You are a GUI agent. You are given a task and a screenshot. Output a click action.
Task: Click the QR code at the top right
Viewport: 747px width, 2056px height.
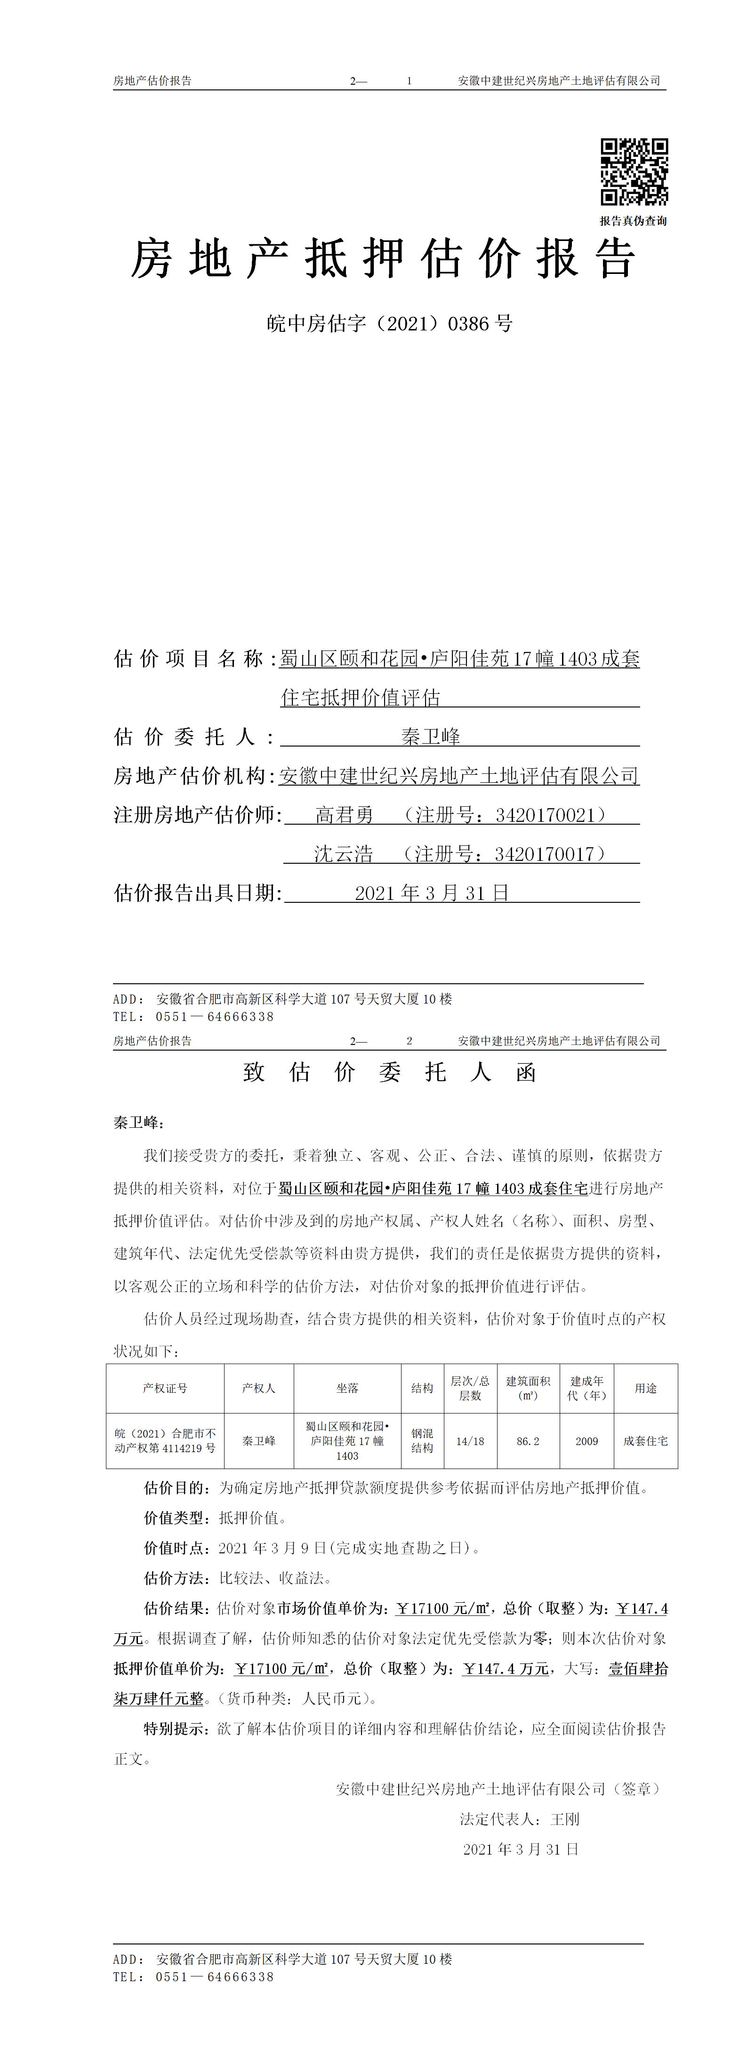click(634, 172)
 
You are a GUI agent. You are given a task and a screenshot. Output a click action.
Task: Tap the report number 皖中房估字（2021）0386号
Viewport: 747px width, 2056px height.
click(389, 323)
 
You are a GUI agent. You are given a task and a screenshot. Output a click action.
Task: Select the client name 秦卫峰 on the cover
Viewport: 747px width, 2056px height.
click(431, 737)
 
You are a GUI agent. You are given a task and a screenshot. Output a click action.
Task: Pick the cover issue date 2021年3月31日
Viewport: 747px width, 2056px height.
click(432, 893)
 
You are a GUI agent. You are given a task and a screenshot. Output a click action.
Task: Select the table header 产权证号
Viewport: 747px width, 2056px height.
click(165, 1388)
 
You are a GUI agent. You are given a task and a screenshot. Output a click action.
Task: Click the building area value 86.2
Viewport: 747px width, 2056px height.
click(528, 1441)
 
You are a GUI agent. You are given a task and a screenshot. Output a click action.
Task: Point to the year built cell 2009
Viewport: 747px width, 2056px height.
click(586, 1441)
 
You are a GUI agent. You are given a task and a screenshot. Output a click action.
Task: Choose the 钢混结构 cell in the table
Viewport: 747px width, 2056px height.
click(422, 1441)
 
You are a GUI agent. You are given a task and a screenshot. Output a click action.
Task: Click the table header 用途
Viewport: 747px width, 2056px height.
click(646, 1388)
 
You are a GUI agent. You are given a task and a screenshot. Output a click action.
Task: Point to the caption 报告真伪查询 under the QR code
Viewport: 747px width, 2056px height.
click(634, 221)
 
